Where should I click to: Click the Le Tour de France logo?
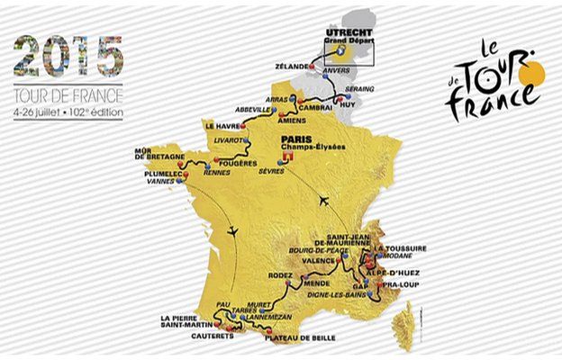click(x=494, y=87)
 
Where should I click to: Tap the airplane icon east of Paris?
click(x=321, y=200)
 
